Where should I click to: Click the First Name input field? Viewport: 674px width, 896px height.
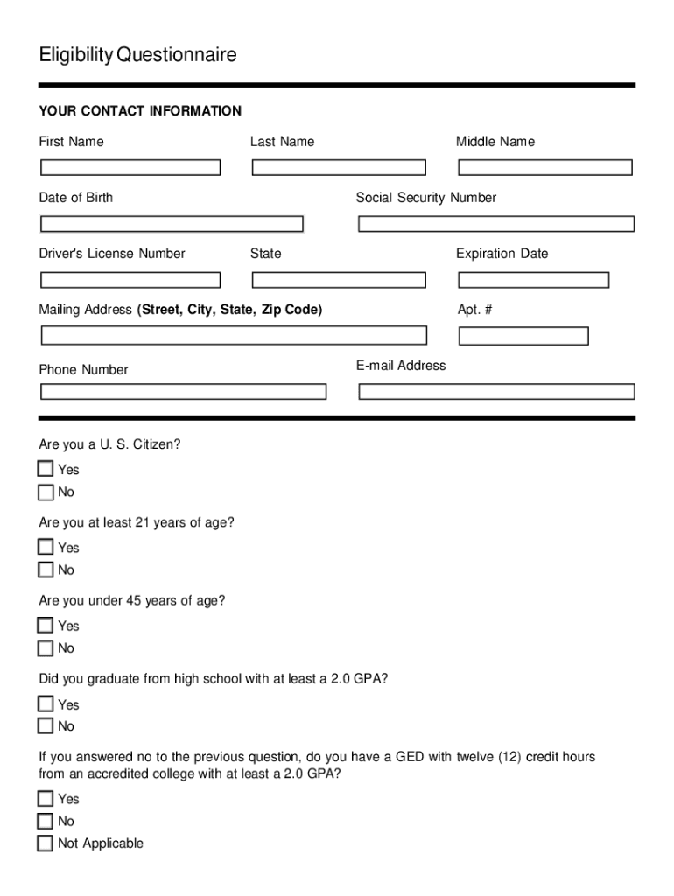tap(130, 167)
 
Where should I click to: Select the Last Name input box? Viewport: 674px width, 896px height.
tap(339, 167)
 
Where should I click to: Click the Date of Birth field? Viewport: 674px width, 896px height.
tap(172, 224)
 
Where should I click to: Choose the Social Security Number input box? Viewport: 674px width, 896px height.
tap(496, 224)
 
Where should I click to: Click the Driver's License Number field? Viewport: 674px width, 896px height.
tap(130, 280)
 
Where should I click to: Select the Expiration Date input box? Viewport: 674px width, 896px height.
tap(533, 280)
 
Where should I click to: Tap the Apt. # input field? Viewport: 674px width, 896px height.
tap(523, 336)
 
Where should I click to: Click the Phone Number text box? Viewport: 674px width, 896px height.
tap(183, 391)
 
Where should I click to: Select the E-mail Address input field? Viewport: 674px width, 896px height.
tap(496, 391)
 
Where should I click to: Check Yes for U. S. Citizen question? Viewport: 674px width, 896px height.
tap(46, 469)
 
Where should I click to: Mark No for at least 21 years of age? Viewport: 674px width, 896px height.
tap(46, 570)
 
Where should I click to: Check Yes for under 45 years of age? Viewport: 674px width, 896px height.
tap(46, 626)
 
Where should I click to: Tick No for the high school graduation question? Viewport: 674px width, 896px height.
tap(46, 726)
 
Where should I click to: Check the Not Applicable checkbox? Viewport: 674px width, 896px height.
tap(46, 843)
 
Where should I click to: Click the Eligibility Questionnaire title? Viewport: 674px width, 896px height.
tap(137, 55)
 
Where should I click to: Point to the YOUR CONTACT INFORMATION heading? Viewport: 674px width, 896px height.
tap(140, 111)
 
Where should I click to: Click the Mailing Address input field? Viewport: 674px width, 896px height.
tap(234, 335)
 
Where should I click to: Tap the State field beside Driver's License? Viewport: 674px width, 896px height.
tap(339, 280)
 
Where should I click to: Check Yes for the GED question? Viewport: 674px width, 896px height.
tap(46, 798)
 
